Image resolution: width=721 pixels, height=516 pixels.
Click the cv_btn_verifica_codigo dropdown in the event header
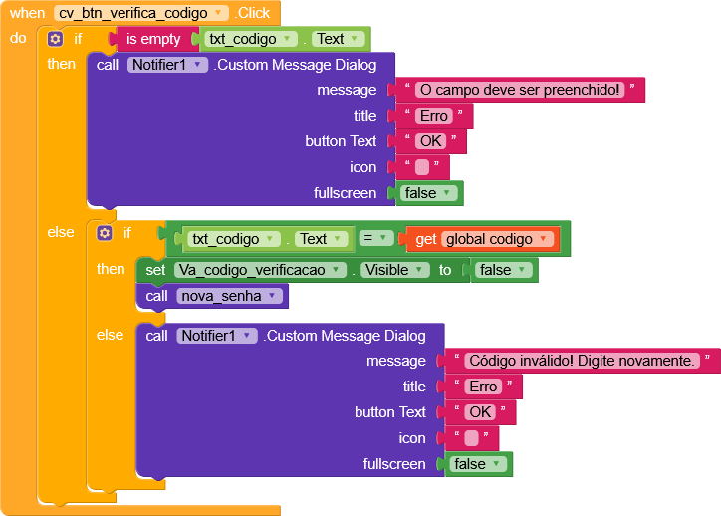coord(141,13)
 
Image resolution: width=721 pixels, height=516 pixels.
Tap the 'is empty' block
coord(153,39)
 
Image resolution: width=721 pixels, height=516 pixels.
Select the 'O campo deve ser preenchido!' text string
coord(520,90)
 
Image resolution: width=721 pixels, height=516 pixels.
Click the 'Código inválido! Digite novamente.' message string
coord(582,360)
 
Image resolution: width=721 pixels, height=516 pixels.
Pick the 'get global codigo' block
coord(483,239)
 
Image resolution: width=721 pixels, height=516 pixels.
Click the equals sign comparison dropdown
coord(376,238)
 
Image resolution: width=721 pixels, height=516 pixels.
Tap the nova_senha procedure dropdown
coord(228,296)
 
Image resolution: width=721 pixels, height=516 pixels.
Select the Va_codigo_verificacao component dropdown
coord(260,270)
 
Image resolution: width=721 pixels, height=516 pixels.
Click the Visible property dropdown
coord(395,270)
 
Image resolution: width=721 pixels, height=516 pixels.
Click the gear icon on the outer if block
coord(55,39)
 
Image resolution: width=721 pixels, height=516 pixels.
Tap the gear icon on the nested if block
coord(105,233)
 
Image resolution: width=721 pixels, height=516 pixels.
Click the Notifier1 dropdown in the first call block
coord(167,65)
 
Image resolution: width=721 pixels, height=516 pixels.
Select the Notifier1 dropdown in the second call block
coord(216,336)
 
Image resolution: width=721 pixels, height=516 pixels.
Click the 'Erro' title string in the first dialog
coord(433,116)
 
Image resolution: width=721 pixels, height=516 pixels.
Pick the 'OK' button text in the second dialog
coord(480,412)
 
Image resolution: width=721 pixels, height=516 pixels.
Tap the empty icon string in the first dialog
coord(422,167)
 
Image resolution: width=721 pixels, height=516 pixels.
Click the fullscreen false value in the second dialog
coord(478,464)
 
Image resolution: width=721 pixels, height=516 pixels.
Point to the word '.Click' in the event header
coord(252,13)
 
